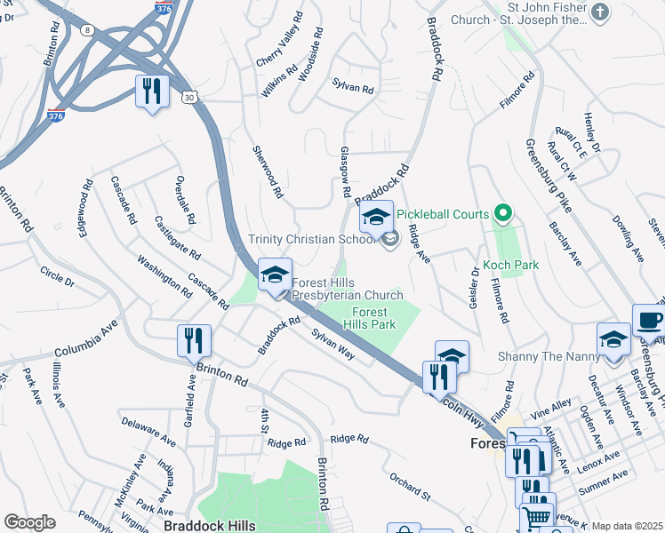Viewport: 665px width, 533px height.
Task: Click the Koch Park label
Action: click(x=511, y=265)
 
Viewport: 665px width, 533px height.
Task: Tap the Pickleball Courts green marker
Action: click(x=502, y=214)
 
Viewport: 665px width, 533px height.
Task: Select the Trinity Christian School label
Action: click(x=312, y=239)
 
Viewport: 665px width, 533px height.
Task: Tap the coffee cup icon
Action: click(x=648, y=320)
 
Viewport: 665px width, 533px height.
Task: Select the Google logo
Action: click(x=29, y=522)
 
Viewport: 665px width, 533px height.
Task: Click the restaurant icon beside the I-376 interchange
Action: click(x=152, y=91)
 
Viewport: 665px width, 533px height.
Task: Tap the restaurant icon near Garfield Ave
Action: click(x=193, y=339)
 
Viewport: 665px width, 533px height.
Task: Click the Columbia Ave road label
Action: click(x=86, y=340)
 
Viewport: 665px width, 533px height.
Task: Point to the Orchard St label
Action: click(x=409, y=485)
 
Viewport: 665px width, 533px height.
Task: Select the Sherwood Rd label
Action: click(x=267, y=171)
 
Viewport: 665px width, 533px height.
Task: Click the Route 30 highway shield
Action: click(x=188, y=95)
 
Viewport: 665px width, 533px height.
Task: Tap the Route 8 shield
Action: click(x=86, y=29)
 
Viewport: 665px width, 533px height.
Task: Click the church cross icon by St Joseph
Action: click(x=601, y=12)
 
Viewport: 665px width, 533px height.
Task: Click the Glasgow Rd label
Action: click(x=341, y=178)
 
